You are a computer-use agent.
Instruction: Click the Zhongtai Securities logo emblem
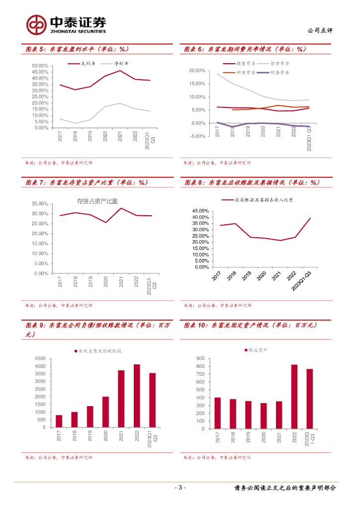[x=36, y=24]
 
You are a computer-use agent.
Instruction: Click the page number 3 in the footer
[x=180, y=488]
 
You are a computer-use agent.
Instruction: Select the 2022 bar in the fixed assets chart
[x=294, y=396]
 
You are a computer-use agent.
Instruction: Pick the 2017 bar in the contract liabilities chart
[x=59, y=421]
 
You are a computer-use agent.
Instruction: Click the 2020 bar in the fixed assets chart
[x=264, y=415]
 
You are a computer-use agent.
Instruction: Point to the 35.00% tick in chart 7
[x=39, y=204]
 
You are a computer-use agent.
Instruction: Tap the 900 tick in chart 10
[x=201, y=358]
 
